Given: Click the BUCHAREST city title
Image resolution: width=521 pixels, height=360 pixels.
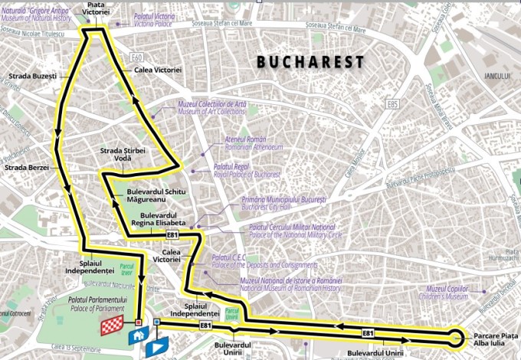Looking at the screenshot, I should [x=310, y=62].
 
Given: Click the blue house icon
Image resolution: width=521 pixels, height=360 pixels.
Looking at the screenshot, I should [x=139, y=335].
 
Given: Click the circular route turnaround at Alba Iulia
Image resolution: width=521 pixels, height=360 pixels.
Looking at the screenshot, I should [x=456, y=336].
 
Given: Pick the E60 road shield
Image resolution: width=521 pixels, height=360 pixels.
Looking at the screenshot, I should [x=137, y=57].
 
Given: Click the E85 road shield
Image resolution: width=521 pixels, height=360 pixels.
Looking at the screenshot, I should [x=393, y=103].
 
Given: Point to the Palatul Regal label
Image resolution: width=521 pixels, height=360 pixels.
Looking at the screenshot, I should [x=234, y=170].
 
